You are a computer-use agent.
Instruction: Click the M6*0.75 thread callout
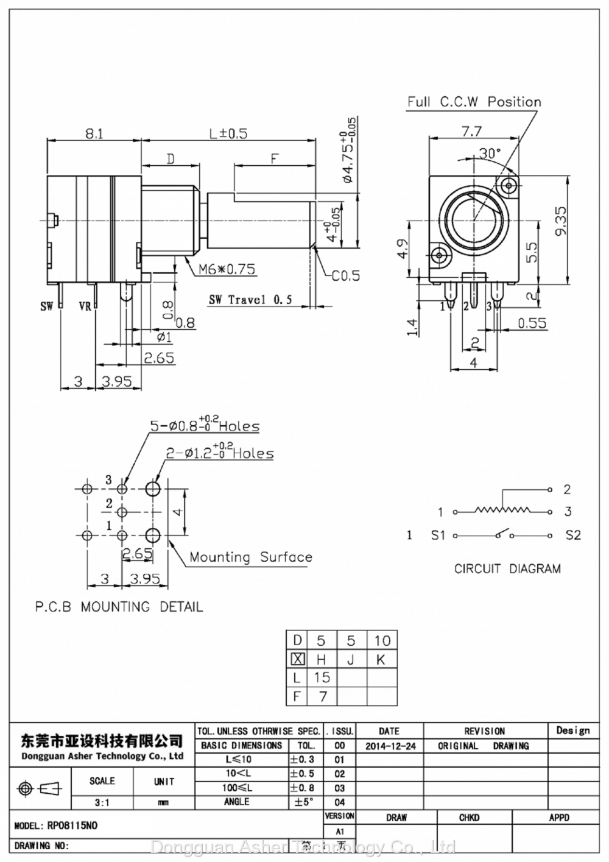tap(222, 269)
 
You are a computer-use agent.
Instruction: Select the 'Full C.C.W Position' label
tap(474, 102)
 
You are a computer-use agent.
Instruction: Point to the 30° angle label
tap(489, 154)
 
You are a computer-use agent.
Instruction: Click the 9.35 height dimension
tap(561, 221)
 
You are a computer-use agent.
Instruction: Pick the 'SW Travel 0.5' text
tap(250, 300)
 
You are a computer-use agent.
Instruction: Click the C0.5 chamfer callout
tap(345, 275)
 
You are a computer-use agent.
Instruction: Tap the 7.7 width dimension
tap(470, 131)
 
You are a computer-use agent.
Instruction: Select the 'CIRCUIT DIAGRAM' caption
tap(507, 569)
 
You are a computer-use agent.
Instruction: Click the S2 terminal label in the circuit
tap(573, 535)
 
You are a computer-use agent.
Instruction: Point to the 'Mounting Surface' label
tap(251, 557)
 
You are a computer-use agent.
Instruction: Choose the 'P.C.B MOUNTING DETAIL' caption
tap(119, 607)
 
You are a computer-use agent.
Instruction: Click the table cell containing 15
tap(322, 677)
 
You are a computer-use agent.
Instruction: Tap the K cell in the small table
tap(381, 659)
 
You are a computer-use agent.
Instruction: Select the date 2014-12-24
tap(390, 746)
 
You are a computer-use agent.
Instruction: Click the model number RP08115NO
tap(71, 826)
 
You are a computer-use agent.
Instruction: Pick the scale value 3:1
tap(102, 802)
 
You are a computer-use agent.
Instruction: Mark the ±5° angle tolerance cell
tap(303, 802)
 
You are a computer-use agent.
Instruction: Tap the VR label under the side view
tap(85, 306)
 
